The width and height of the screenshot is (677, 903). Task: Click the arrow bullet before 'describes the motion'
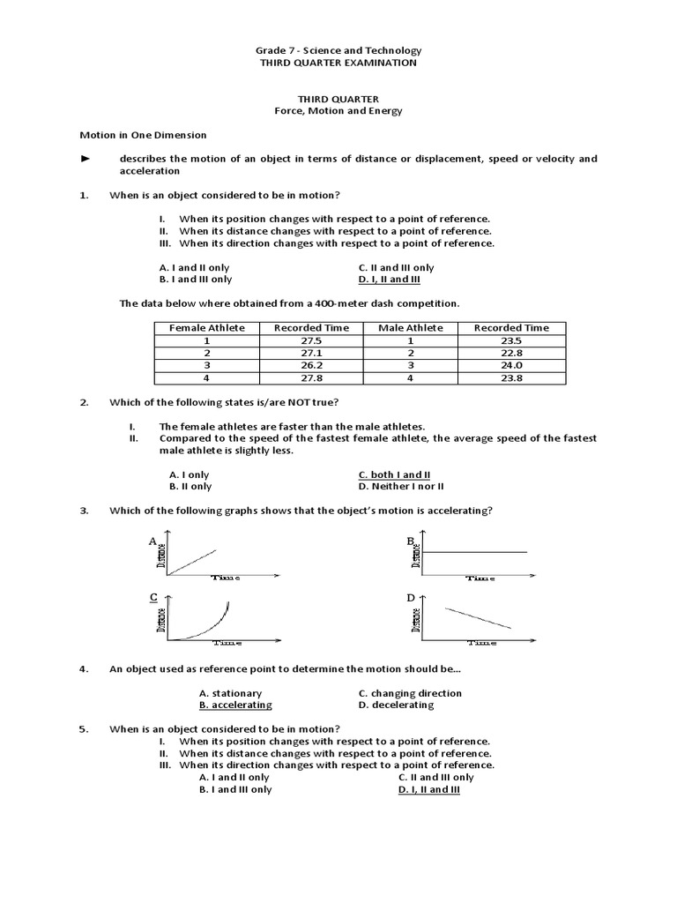click(86, 159)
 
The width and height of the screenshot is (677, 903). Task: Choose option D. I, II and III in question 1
click(390, 280)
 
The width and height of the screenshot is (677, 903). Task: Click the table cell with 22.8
click(511, 353)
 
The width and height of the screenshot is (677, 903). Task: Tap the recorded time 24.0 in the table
click(511, 365)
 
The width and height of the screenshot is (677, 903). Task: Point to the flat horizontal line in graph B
click(476, 552)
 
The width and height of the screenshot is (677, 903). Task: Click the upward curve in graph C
click(212, 623)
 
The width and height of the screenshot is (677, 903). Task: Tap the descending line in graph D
click(477, 617)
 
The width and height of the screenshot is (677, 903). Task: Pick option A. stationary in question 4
click(230, 693)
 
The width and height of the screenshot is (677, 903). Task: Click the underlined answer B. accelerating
click(235, 705)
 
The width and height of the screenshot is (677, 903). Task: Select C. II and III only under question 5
click(435, 778)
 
